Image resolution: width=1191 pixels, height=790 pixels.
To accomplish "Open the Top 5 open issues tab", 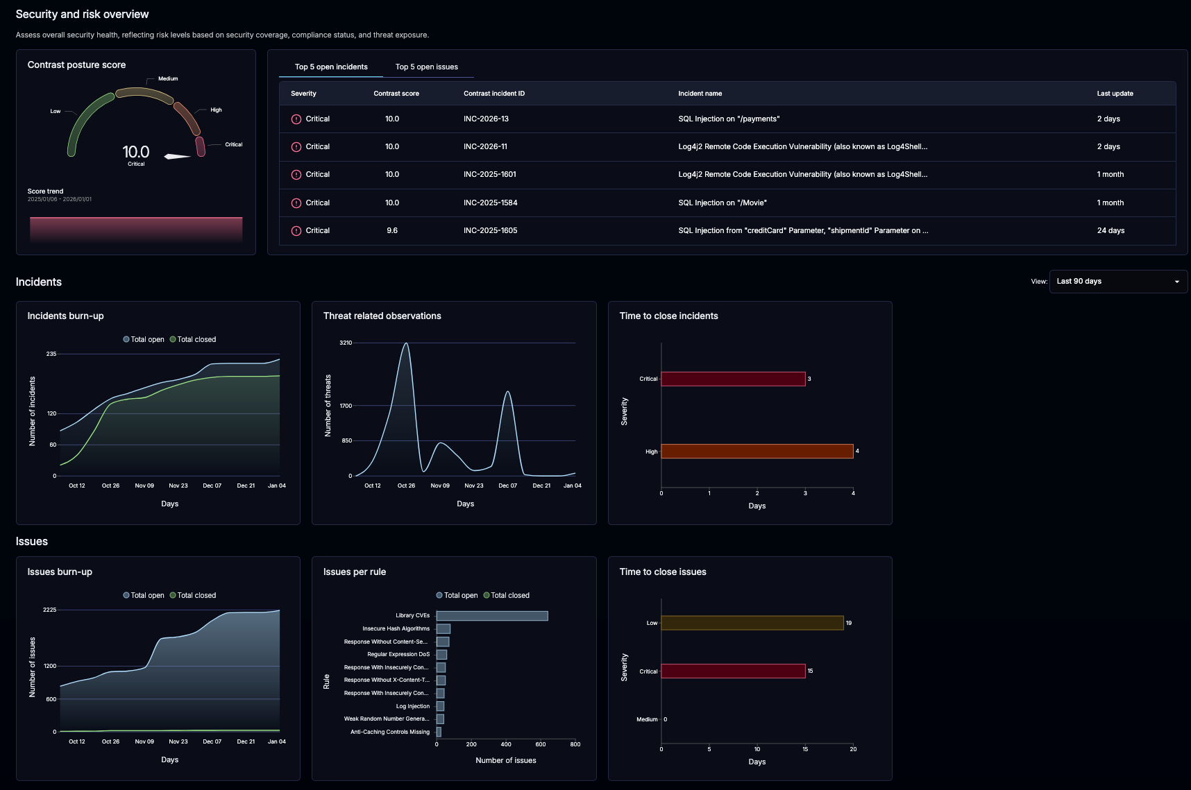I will coord(426,67).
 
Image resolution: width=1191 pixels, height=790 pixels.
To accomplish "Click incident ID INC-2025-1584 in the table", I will coord(490,203).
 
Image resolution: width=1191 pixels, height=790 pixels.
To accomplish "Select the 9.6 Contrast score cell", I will coord(392,231).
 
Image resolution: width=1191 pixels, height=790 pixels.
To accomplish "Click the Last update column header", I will coord(1115,94).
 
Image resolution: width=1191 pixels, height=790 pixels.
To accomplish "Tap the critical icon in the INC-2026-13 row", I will coord(296,119).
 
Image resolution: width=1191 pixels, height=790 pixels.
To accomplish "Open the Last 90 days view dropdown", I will coord(1117,282).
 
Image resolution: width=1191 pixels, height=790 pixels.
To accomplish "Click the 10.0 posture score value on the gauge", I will coord(136,152).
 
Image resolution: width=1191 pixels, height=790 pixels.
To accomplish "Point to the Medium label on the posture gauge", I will coord(168,79).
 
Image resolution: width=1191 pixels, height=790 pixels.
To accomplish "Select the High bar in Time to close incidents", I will coord(757,452).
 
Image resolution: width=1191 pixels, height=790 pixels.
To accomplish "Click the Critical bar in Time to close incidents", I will coord(733,379).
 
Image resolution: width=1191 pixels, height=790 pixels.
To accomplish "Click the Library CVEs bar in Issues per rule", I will coord(492,616).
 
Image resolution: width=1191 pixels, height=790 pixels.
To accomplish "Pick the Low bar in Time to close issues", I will coord(752,623).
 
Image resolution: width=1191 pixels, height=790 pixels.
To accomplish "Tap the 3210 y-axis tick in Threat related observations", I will coord(346,343).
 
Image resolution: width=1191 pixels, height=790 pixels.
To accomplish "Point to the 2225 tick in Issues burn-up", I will coord(49,610).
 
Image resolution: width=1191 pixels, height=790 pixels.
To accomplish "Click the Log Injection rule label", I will coord(412,707).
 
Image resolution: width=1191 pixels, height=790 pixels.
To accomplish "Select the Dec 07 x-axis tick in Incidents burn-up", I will coord(212,486).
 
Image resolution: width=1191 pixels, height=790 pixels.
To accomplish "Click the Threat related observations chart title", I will coord(382,316).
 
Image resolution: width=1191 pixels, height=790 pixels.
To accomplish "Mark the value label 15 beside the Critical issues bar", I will coord(810,671).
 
